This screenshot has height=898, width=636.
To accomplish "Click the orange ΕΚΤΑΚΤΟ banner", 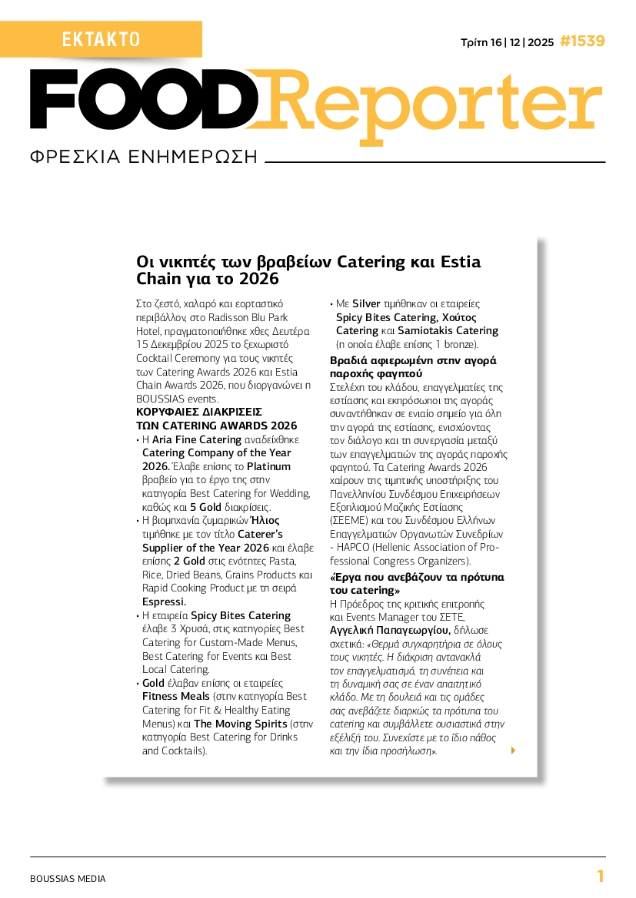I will pos(101,39).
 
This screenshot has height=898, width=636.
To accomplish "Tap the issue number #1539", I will pos(582,41).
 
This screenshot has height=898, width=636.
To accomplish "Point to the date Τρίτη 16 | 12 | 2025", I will pos(506,42).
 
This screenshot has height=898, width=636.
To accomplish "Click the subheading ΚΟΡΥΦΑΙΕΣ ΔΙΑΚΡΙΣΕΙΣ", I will pos(199,412).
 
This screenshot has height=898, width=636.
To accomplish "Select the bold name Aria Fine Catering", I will pos(197,440).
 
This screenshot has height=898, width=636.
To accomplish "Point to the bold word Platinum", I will pos(268,466).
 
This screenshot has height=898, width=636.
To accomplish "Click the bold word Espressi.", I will pos(164,601).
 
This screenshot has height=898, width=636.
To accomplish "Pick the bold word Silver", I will pos(366,304).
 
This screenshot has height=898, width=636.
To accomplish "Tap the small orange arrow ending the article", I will pos(513,751).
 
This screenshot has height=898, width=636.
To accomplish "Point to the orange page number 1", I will pos(601,876).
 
